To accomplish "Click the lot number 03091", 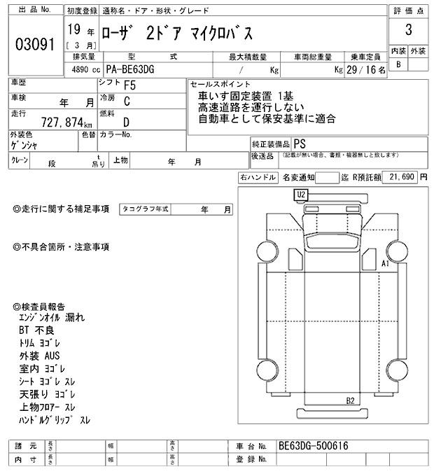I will pos(34,43).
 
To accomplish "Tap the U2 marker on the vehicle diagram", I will pos(302,194).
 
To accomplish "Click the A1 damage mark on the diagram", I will pos(384,264).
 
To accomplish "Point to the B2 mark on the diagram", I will pos(351,400).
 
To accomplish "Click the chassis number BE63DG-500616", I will pos(313,446).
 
